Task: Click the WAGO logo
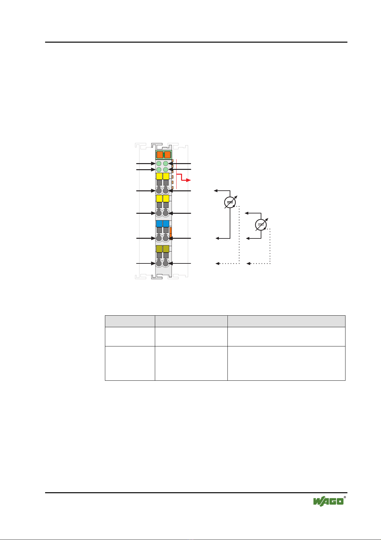328,502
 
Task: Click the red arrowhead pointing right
188,180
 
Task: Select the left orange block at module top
160,155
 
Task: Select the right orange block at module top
167,155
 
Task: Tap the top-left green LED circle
159,164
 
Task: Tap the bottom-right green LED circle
166,170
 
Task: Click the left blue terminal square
159,224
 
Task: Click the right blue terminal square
166,224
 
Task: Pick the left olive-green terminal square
159,249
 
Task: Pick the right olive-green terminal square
166,249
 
